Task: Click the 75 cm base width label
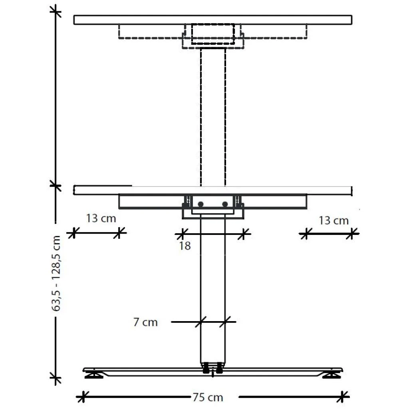[x=208, y=397]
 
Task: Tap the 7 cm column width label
[x=145, y=322]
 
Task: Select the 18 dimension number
[x=185, y=246]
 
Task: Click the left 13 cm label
[x=101, y=218]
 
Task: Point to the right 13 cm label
[x=334, y=220]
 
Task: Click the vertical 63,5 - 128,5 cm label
[x=56, y=273]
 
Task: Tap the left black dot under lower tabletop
[x=201, y=204]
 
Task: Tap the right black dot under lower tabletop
[x=225, y=204]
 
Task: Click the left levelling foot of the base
[x=94, y=375]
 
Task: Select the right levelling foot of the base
[x=331, y=375]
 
